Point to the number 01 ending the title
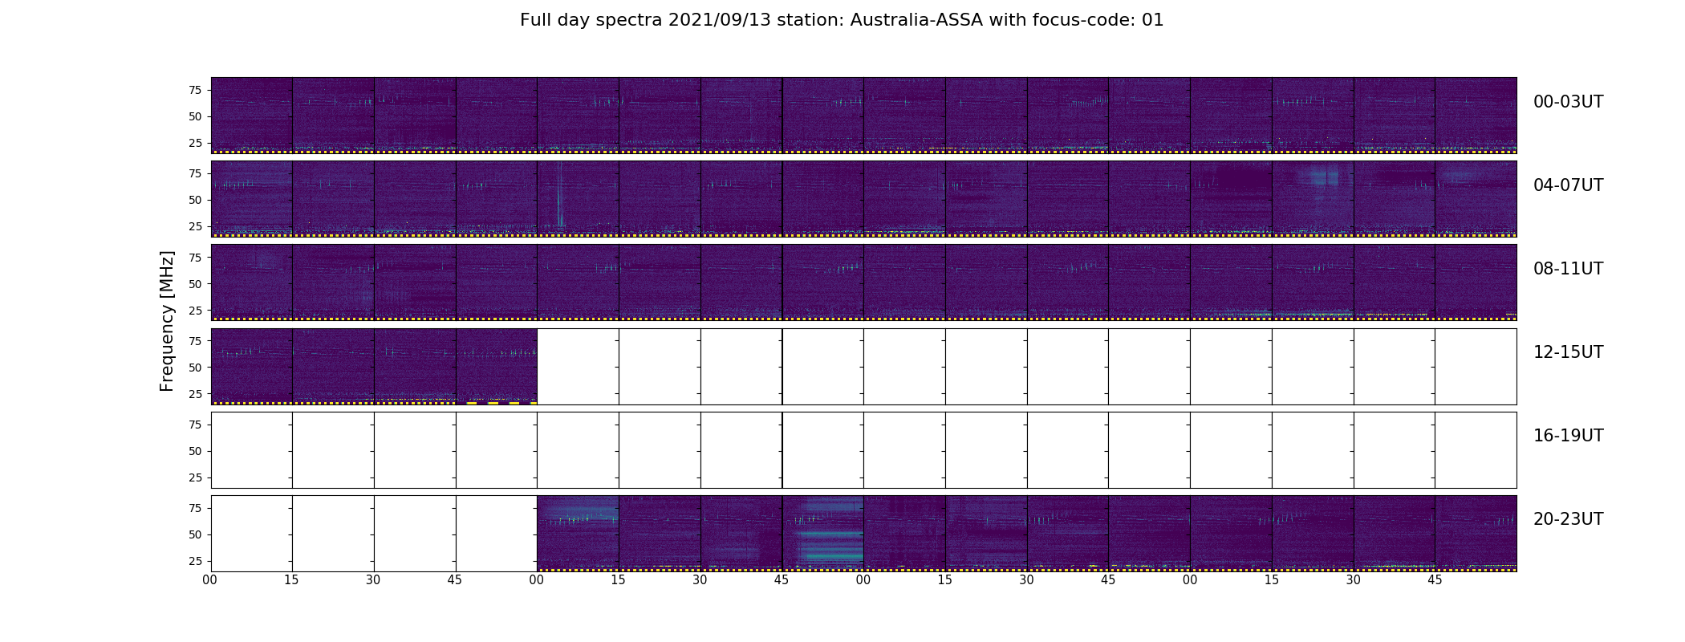click(x=1152, y=20)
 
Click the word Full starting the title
click(x=535, y=20)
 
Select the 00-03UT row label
click(x=1568, y=102)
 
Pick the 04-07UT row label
click(x=1568, y=185)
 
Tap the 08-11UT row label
click(x=1568, y=269)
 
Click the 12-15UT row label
click(x=1568, y=352)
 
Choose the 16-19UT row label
click(x=1568, y=436)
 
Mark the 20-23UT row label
click(x=1568, y=519)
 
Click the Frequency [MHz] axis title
click(x=167, y=321)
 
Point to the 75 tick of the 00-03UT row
click(x=195, y=91)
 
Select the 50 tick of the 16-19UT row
click(x=195, y=451)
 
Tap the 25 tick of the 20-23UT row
click(x=195, y=561)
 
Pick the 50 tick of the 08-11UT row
click(x=195, y=284)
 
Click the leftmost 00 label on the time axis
click(x=210, y=579)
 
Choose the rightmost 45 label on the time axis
click(x=1435, y=579)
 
